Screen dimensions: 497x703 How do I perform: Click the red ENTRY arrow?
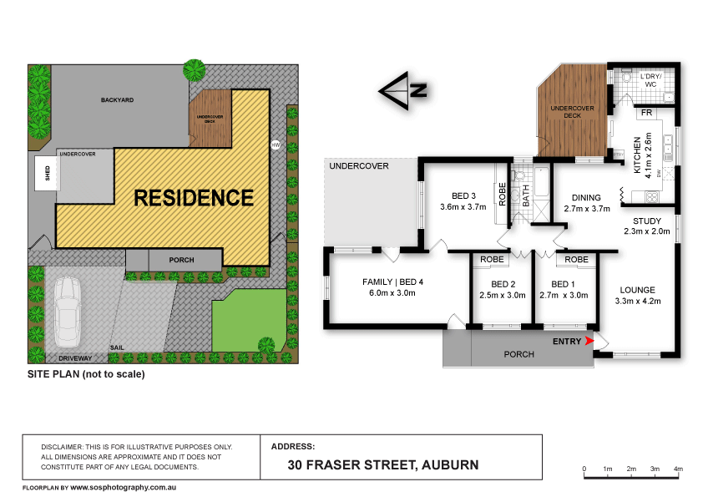point(591,341)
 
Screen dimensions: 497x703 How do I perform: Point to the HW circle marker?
point(275,145)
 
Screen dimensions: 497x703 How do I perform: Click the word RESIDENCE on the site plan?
point(194,198)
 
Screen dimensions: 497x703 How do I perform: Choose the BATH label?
point(527,196)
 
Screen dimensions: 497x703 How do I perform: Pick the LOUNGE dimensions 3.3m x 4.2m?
point(638,302)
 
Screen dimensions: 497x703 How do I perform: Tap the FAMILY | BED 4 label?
point(392,281)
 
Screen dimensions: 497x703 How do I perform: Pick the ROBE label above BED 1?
point(576,260)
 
